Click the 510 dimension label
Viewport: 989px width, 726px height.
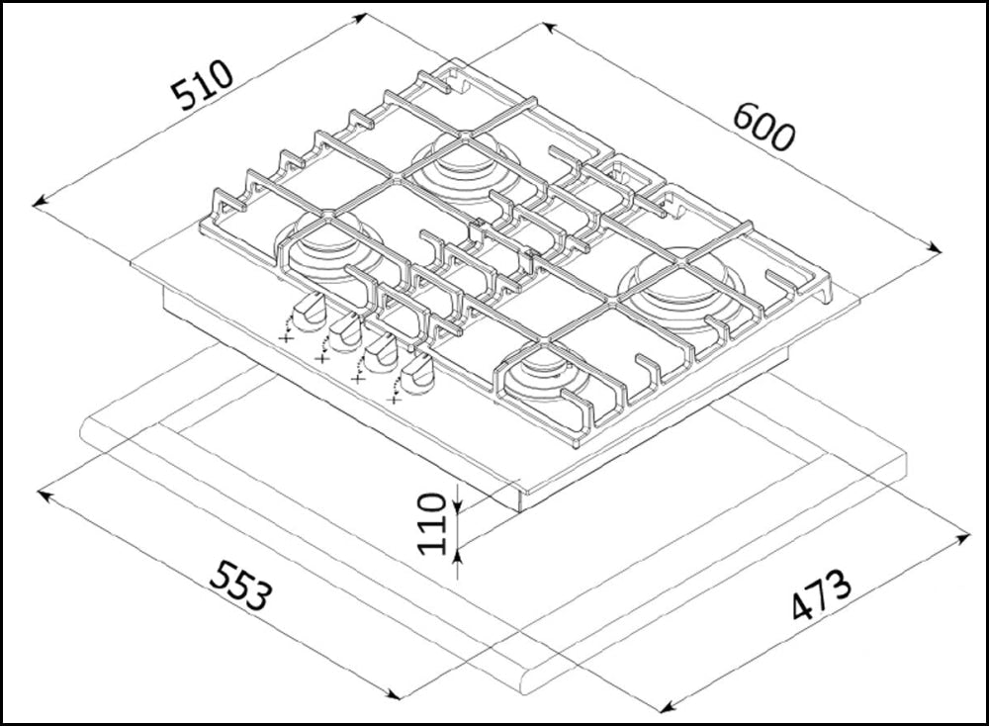pos(203,85)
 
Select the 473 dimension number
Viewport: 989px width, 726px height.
pos(821,594)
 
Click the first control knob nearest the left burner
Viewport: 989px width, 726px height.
pos(309,312)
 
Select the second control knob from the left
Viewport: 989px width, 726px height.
pos(344,331)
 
